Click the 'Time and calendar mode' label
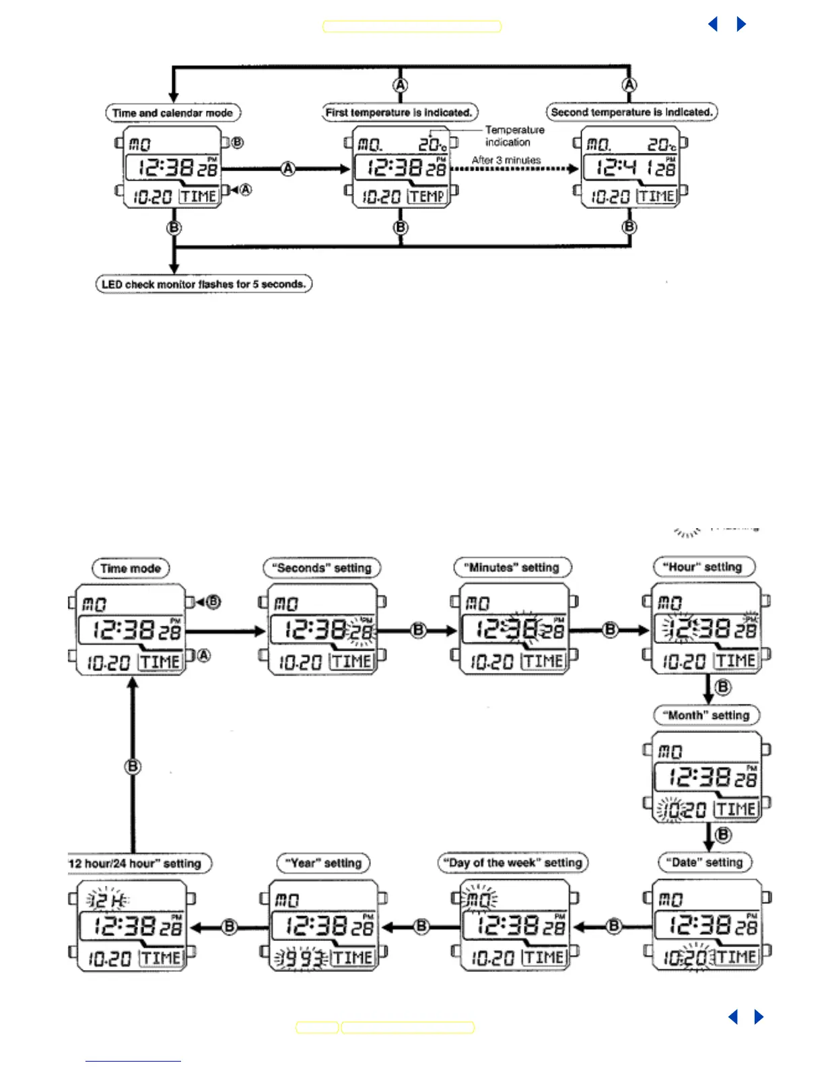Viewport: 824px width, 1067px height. (x=173, y=113)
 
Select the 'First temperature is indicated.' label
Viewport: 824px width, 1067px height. (x=399, y=112)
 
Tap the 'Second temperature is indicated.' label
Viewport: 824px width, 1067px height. (x=631, y=112)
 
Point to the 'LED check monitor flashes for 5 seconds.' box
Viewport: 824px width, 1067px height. (x=203, y=284)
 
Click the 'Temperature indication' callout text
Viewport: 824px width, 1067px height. (x=514, y=136)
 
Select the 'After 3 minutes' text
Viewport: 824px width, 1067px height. (x=506, y=160)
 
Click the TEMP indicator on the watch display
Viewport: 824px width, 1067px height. (x=427, y=197)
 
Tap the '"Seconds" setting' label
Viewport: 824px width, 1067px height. (x=322, y=568)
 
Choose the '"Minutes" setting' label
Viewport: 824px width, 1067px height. (x=512, y=568)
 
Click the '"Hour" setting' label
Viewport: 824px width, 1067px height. (x=704, y=567)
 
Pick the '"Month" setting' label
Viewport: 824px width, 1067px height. (x=707, y=715)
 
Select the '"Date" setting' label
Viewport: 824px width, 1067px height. (x=705, y=862)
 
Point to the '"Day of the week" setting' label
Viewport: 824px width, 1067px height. (x=513, y=863)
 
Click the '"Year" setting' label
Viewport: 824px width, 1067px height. (x=324, y=863)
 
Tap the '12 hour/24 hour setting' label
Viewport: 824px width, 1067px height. (x=137, y=864)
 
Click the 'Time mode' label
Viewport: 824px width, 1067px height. (x=131, y=569)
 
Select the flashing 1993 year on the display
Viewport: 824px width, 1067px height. (x=301, y=958)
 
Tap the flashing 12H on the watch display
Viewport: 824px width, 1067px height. (x=108, y=900)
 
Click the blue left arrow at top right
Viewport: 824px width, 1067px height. (x=713, y=24)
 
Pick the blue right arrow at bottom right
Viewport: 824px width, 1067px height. (x=759, y=1017)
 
